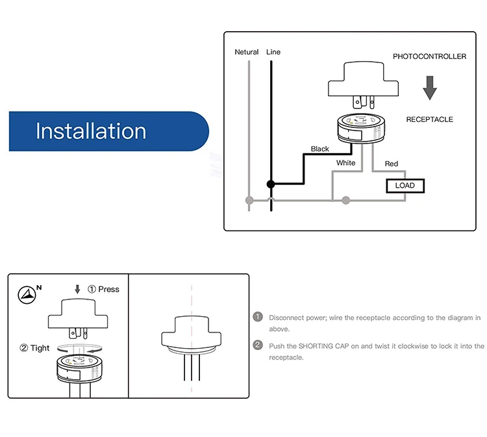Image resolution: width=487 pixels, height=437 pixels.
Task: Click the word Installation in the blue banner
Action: [x=91, y=131]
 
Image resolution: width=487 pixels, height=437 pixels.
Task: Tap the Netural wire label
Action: [x=247, y=52]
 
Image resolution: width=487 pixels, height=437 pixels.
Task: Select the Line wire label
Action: [x=273, y=52]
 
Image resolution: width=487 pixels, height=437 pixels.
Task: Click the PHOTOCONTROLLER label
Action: [x=430, y=56]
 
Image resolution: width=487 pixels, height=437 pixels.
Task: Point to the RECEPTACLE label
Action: [x=430, y=119]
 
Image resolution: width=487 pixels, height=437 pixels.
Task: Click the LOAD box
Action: [x=405, y=186]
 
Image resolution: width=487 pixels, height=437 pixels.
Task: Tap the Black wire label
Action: [x=320, y=149]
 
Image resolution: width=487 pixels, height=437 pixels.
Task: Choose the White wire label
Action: [x=345, y=163]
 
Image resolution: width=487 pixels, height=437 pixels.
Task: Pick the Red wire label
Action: [x=392, y=164]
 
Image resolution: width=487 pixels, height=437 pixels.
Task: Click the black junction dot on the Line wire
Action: [x=271, y=184]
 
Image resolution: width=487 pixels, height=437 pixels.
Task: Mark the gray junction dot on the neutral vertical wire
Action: [x=249, y=201]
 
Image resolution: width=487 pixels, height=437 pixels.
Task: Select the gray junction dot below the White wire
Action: [x=346, y=201]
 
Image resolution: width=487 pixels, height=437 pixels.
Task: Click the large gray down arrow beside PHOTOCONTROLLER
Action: [x=430, y=88]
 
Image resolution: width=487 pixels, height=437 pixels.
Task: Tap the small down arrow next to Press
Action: [x=77, y=289]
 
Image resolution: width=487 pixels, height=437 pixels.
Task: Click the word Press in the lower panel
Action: [x=108, y=289]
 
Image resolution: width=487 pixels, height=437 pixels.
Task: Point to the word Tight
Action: [x=40, y=348]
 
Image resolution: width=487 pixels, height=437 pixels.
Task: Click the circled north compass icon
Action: [x=27, y=294]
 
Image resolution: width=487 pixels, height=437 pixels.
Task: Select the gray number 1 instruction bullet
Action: [x=258, y=317]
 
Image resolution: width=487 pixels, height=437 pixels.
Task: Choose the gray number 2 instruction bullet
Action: [x=258, y=345]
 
